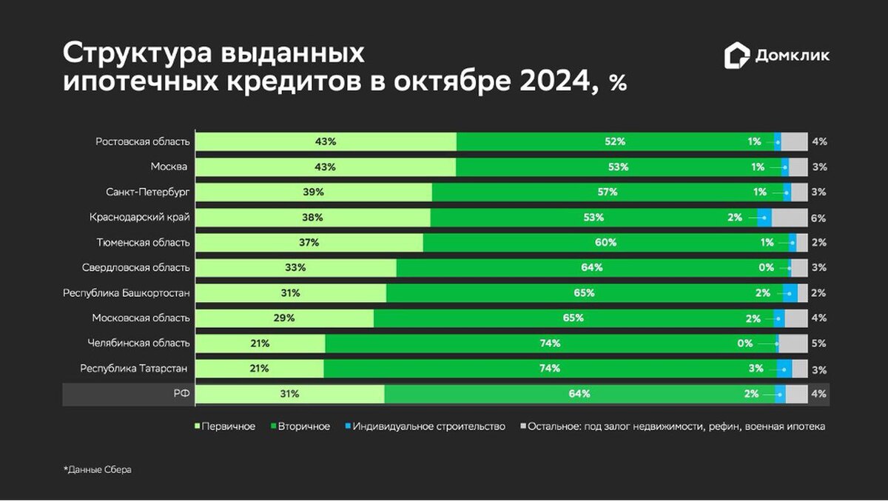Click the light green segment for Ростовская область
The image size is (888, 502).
pyautogui.click(x=326, y=141)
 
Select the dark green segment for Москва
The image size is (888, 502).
pyautogui.click(x=618, y=167)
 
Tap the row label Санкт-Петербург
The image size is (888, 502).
pyautogui.click(x=148, y=192)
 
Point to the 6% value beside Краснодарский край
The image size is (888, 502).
pyautogui.click(x=818, y=218)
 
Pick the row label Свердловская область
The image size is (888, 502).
pyautogui.click(x=135, y=267)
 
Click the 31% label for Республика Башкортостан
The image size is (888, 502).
pyautogui.click(x=290, y=293)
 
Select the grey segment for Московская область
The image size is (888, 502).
pyautogui.click(x=795, y=318)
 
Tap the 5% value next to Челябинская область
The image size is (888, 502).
pyautogui.click(x=818, y=344)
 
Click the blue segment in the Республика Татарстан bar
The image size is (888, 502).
pyautogui.click(x=785, y=369)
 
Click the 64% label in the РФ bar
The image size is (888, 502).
pyautogui.click(x=579, y=394)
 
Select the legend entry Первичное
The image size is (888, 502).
pyautogui.click(x=225, y=426)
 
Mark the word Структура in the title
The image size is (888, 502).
pyautogui.click(x=137, y=54)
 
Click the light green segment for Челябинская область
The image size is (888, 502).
pyautogui.click(x=260, y=344)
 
